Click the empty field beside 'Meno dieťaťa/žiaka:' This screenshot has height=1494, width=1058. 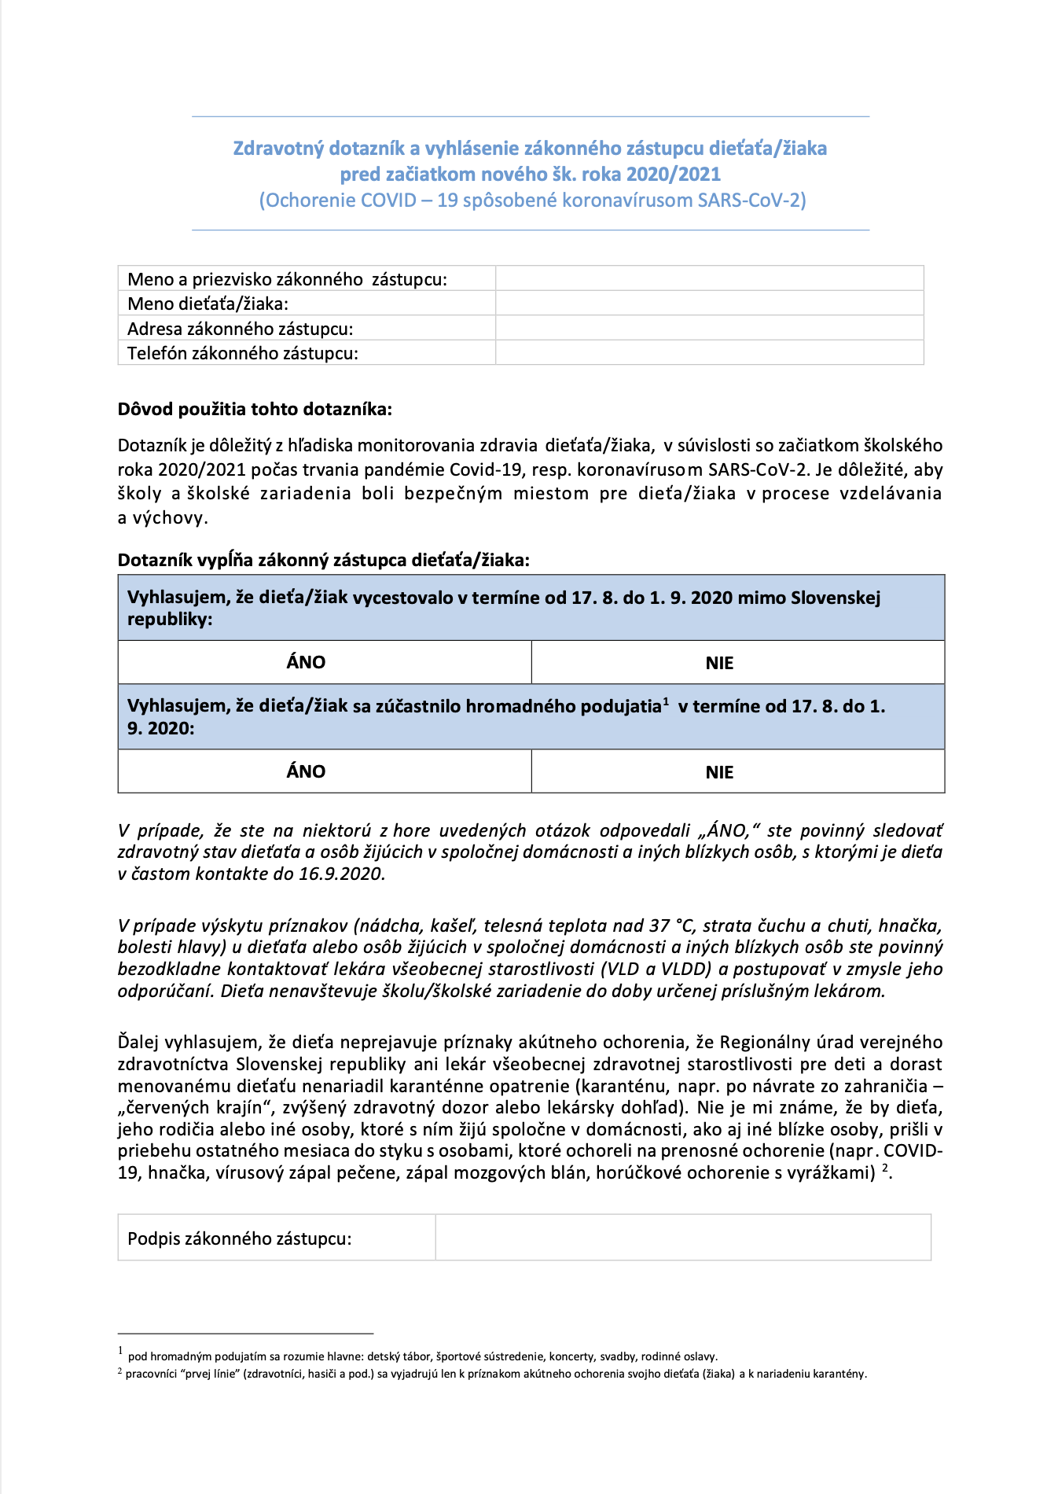pyautogui.click(x=709, y=304)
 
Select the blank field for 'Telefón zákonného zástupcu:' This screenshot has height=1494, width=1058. pyautogui.click(x=709, y=353)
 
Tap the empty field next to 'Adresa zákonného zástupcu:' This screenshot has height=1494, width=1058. pyautogui.click(x=709, y=328)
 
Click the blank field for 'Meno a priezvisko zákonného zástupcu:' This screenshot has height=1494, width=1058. pyautogui.click(x=709, y=278)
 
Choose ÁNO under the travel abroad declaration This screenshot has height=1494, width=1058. pyautogui.click(x=306, y=662)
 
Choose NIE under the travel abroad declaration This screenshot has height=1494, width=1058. pyautogui.click(x=719, y=663)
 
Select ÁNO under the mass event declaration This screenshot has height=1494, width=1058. pyautogui.click(x=306, y=771)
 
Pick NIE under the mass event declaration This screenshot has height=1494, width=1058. pyautogui.click(x=719, y=772)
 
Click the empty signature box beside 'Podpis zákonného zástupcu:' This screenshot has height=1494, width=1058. pyautogui.click(x=682, y=1238)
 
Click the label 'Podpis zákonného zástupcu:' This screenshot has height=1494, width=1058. pyautogui.click(x=240, y=1238)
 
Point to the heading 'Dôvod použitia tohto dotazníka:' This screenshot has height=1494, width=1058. pyautogui.click(x=255, y=409)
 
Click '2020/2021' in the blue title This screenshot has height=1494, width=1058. pyautogui.click(x=679, y=174)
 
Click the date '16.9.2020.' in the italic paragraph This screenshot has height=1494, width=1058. pyautogui.click(x=342, y=874)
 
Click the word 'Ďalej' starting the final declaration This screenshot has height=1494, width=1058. pyautogui.click(x=138, y=1042)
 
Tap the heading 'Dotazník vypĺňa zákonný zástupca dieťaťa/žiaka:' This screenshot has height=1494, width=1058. pyautogui.click(x=324, y=560)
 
